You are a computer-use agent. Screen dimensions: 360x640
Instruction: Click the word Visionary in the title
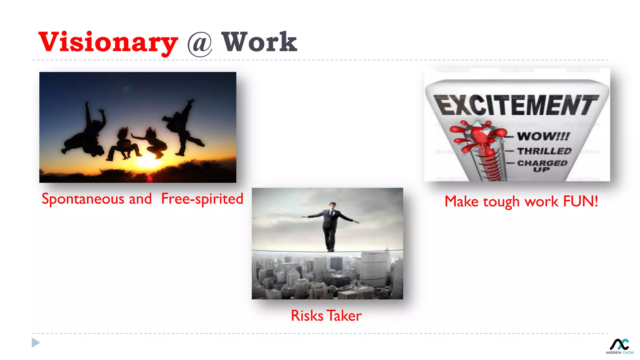pos(108,42)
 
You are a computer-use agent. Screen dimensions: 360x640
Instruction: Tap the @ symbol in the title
pos(200,44)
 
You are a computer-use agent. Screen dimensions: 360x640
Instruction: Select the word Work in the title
pos(259,42)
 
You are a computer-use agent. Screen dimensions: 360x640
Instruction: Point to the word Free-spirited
pos(202,199)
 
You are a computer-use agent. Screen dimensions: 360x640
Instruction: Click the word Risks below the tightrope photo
pos(307,316)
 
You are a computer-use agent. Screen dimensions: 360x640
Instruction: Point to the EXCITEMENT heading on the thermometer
pos(517,106)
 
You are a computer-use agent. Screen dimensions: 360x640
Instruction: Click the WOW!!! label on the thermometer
pos(543,136)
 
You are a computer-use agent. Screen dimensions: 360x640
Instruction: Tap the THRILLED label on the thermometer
pos(544,151)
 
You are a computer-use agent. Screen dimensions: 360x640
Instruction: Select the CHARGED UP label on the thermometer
pos(542,166)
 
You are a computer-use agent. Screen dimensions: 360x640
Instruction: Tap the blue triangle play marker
pos(35,343)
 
